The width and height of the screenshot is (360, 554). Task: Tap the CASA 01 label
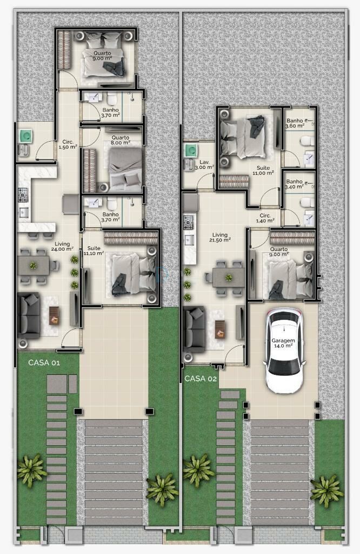point(44,362)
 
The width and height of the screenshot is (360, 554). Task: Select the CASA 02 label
point(201,378)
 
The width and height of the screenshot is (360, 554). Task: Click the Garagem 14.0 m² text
point(283,343)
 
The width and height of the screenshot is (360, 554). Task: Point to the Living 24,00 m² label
point(62,246)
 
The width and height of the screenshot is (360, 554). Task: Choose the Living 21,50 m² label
point(220,237)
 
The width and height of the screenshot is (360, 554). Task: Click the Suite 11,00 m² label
point(263,170)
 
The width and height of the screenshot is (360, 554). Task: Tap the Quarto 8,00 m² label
point(121,140)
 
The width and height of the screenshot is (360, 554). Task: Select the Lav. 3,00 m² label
point(204,164)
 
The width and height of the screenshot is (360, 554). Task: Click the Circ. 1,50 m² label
point(68,144)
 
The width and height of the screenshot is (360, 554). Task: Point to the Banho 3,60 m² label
point(295,123)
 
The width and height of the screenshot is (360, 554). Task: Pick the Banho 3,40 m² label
point(295,184)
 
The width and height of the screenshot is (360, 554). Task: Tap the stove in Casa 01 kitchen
point(23,195)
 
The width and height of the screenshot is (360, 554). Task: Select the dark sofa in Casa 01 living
point(29,315)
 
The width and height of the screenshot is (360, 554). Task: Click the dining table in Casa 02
point(229,278)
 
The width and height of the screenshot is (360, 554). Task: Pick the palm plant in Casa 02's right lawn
point(326,491)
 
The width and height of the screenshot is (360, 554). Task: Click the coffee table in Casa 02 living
point(219,329)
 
